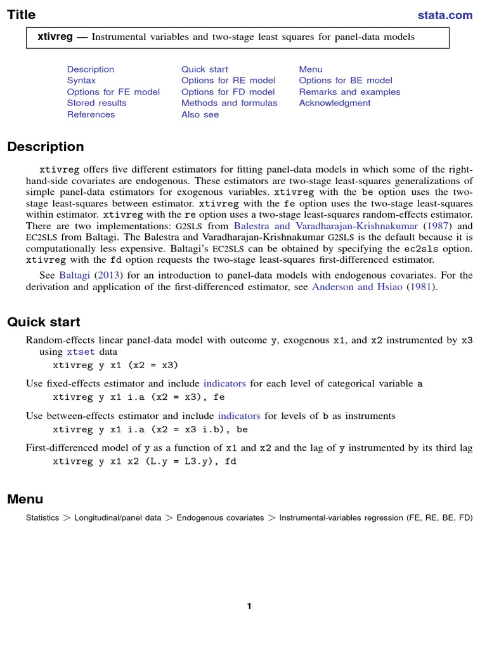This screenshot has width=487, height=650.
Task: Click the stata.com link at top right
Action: coord(445,15)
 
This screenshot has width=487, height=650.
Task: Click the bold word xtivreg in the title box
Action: coord(56,37)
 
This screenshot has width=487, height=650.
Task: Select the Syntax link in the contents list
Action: coord(81,81)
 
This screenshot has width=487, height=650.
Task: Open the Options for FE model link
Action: coord(113,92)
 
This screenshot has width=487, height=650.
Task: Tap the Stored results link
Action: coord(96,103)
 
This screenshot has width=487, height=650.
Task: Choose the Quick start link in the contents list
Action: coord(204,69)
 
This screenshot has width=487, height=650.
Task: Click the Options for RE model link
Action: coord(228,81)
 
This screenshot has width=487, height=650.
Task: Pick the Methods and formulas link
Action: coord(229,103)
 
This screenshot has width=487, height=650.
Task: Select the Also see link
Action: coord(200,115)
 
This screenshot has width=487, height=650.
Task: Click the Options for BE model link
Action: coord(346,81)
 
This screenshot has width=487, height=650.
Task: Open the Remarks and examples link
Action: coord(349,92)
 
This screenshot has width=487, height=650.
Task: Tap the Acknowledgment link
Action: coord(334,103)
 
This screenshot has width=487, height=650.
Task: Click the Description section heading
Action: coord(46,147)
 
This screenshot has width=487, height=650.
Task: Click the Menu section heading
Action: coord(25,499)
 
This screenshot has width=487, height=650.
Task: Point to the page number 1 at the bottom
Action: coord(249,606)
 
